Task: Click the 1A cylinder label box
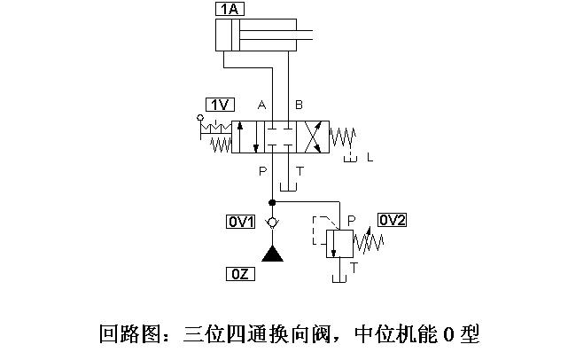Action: point(229,10)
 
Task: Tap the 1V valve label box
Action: point(219,104)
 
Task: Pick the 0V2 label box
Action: point(392,220)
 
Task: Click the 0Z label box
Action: point(241,273)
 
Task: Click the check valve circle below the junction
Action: point(271,221)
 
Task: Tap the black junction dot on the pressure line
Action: point(271,203)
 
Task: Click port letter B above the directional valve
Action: point(299,106)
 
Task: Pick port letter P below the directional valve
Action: point(262,170)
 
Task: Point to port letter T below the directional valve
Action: point(300,170)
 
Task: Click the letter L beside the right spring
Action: point(370,158)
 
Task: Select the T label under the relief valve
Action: point(354,267)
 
